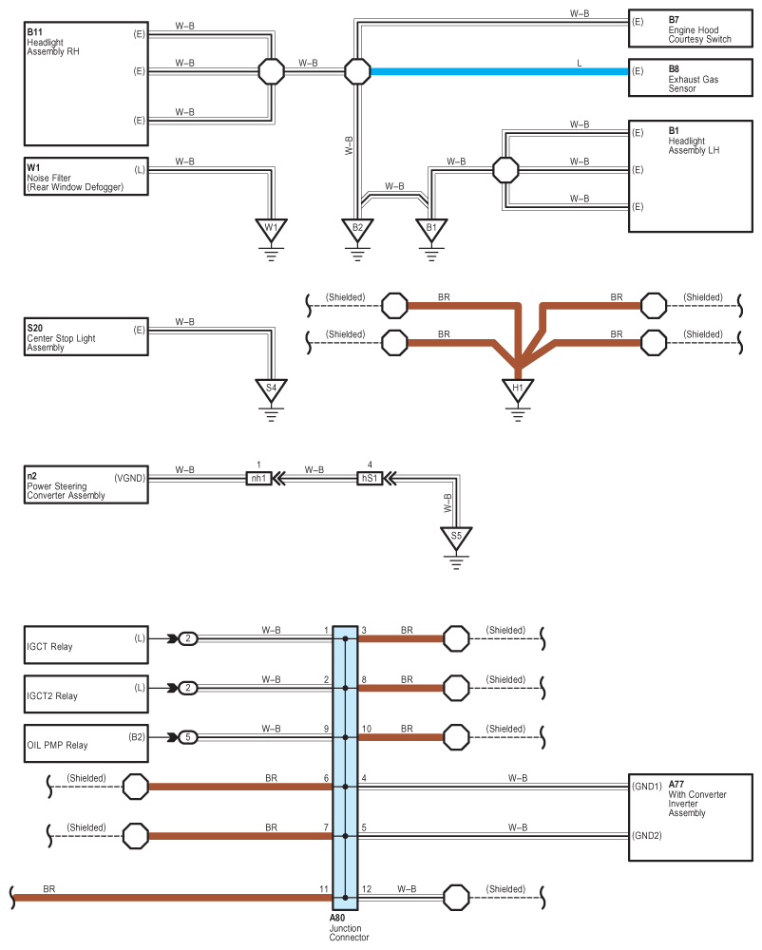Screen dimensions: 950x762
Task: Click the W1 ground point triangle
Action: pos(271,229)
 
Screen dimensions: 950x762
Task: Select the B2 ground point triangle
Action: pos(357,229)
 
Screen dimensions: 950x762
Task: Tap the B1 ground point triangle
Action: pos(430,229)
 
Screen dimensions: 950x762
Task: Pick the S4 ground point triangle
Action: pos(271,389)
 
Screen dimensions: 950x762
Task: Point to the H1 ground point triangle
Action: pos(518,389)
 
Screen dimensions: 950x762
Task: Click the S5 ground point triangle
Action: pos(457,538)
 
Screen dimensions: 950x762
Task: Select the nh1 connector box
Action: pos(258,479)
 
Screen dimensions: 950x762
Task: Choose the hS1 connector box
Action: pos(370,479)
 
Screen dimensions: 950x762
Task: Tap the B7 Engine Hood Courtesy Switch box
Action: pos(693,28)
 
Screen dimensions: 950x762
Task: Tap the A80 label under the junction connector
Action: pos(337,919)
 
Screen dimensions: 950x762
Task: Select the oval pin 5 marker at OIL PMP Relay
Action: pos(189,737)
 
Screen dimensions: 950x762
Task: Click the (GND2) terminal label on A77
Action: pos(648,836)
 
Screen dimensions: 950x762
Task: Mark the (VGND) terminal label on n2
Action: pos(129,478)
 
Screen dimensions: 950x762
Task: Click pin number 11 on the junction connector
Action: pos(324,889)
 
